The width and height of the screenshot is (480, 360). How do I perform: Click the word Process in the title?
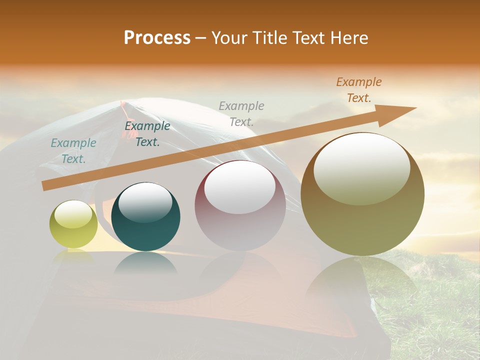point(157,38)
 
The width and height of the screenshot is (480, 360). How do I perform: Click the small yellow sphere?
point(73,224)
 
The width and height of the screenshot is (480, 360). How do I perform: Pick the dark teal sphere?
point(145,216)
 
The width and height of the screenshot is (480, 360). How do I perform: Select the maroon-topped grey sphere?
point(240,205)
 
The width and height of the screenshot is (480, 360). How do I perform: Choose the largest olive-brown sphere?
point(362,194)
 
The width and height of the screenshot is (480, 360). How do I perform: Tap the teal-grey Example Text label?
point(73,150)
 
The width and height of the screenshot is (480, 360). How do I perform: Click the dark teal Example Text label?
point(147,133)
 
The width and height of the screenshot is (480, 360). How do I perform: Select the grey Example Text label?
point(241,113)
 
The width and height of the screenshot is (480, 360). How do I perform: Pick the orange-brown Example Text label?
point(359,90)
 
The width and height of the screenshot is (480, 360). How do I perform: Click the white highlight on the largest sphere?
point(362,167)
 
